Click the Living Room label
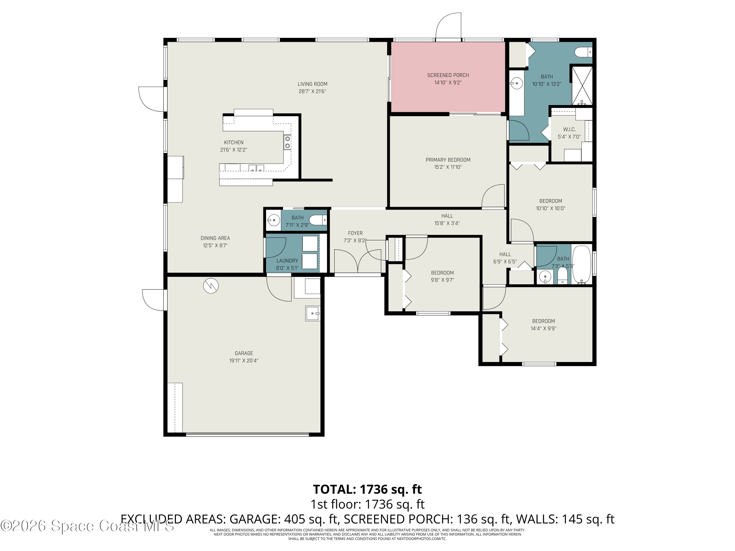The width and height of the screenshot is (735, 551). [312, 84]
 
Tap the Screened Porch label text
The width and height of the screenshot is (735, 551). [448, 75]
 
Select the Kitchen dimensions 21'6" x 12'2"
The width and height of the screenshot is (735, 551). [233, 150]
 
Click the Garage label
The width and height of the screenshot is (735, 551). [244, 353]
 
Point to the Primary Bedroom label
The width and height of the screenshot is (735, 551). [448, 160]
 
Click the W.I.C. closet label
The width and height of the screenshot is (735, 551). [569, 129]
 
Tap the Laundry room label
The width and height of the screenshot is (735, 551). [287, 261]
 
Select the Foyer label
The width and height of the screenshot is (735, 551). [355, 233]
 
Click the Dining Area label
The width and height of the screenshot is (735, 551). [215, 238]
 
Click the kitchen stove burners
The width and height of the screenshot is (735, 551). [287, 142]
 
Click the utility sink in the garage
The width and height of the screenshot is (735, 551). [313, 313]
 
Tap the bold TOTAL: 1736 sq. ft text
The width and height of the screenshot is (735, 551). [367, 489]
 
